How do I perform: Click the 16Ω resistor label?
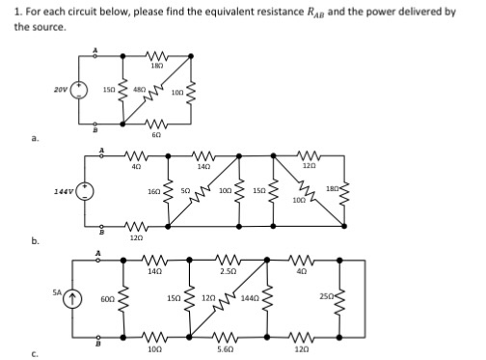(154, 192)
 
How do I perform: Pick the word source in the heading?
(47, 27)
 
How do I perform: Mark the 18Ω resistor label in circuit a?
(155, 65)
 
